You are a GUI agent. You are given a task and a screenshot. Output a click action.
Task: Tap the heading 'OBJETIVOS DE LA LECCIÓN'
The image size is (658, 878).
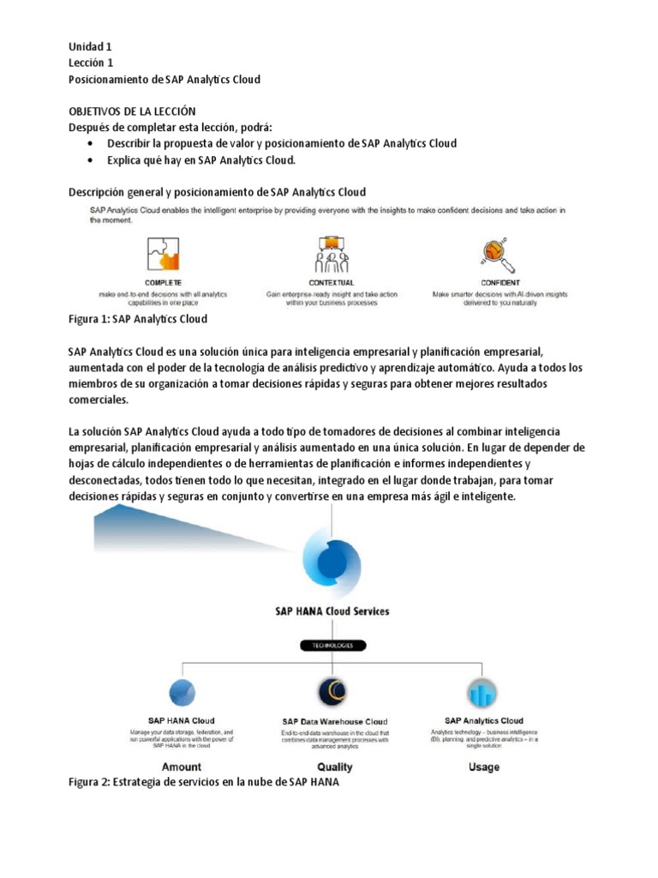coord(132,111)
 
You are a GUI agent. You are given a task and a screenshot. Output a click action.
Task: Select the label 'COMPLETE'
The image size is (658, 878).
coord(162,283)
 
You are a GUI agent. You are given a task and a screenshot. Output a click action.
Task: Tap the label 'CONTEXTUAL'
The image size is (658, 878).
coord(332,283)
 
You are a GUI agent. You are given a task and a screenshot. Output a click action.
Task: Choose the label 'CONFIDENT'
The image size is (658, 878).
coord(499,283)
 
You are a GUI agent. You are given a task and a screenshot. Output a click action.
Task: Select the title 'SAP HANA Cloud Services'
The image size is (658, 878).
coord(332,611)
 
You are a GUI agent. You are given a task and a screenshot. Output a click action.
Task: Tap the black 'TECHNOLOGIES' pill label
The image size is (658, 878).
coord(332,646)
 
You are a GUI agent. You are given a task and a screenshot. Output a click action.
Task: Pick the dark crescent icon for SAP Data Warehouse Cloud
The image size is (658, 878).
coord(334,692)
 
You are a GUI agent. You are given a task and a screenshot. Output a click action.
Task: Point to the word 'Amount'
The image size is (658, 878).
coord(181,767)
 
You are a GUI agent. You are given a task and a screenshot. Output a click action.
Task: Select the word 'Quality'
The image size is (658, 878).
coord(334,767)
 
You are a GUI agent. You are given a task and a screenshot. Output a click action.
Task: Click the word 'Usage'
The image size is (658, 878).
coord(484,767)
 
